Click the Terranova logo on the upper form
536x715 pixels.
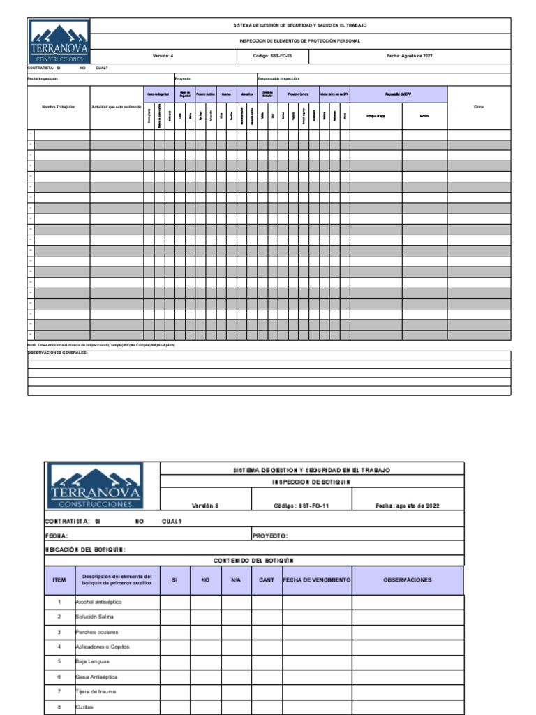59,41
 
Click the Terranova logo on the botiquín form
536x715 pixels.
96,485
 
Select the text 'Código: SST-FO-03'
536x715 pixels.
272,55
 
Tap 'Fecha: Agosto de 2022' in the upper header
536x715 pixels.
409,55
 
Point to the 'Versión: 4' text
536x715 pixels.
163,55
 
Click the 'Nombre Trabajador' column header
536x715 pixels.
58,107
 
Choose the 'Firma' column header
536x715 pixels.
478,107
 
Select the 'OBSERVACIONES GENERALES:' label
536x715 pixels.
57,353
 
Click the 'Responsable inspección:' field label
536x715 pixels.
279,79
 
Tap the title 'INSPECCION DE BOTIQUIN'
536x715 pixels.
311,482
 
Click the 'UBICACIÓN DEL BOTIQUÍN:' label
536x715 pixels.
85,550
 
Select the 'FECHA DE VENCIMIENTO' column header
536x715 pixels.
316,580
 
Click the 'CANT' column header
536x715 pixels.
266,580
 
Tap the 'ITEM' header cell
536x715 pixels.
59,580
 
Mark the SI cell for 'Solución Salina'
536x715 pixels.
175,617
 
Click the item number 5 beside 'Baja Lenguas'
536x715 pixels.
59,661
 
